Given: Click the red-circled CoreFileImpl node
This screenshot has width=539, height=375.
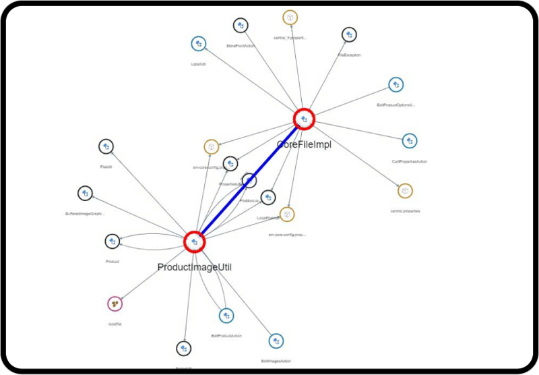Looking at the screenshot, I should (x=304, y=119).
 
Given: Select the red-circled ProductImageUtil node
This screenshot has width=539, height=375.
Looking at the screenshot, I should (x=194, y=242).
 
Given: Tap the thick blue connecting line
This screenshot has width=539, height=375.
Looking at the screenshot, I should (x=249, y=180).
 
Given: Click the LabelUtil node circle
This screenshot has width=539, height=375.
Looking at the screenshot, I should (x=198, y=44).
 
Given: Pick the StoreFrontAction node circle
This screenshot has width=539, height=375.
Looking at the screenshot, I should (x=241, y=26).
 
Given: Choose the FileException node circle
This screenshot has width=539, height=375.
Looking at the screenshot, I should (x=348, y=34).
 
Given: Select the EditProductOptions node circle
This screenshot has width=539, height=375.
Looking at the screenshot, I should (x=395, y=84).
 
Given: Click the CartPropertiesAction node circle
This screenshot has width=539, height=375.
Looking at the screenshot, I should (x=410, y=141).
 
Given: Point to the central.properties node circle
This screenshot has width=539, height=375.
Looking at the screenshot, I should (x=405, y=191).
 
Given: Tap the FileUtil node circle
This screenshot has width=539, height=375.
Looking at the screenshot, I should (x=106, y=146).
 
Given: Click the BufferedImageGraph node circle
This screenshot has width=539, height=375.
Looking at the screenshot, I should (x=85, y=194).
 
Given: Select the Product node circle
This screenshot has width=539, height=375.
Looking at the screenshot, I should (x=113, y=241).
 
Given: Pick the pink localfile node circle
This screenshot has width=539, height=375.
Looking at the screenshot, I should (x=115, y=304).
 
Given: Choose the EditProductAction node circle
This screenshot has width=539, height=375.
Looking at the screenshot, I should (x=226, y=316).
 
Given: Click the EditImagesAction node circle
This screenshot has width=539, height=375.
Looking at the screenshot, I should (x=276, y=341).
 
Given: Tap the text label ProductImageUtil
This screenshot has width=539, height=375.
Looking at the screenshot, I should (x=194, y=267).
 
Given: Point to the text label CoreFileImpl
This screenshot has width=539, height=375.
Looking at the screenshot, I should (x=304, y=144).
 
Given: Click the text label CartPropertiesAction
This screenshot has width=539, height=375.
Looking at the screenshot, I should (x=409, y=162).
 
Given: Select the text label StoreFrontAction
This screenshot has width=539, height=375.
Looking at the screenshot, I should (x=241, y=46).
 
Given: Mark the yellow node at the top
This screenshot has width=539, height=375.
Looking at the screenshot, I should (x=290, y=17).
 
